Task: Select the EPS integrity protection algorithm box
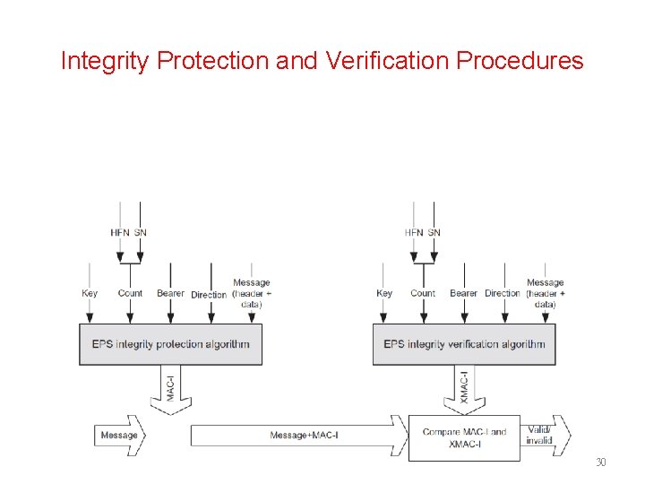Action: click(170, 344)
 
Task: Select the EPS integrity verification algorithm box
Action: click(464, 344)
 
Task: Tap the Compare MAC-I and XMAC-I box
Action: click(464, 436)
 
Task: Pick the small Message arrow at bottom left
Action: click(119, 436)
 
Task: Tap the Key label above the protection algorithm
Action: click(90, 293)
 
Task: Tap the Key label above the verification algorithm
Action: click(384, 293)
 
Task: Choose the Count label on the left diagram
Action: click(130, 293)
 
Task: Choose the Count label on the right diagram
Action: click(423, 293)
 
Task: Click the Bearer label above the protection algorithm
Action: click(170, 293)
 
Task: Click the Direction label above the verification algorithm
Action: click(503, 293)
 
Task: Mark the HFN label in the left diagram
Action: click(119, 233)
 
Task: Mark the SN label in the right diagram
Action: click(434, 233)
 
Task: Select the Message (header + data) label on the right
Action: click(545, 293)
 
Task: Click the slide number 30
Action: click(600, 462)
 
